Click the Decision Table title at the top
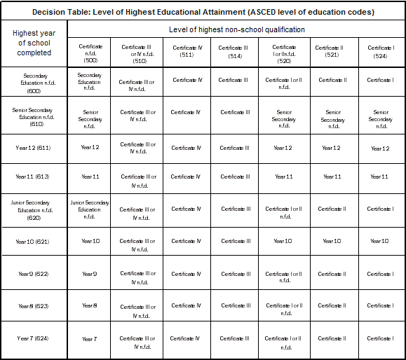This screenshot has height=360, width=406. coord(203,12)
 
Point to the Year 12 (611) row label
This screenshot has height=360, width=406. coord(34,148)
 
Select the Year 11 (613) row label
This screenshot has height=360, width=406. coord(34,176)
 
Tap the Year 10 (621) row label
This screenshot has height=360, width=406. coord(34,242)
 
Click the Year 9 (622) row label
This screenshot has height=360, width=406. coord(34,274)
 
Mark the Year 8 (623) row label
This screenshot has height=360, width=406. coord(34,306)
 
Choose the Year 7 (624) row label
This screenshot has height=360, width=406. coord(34,339)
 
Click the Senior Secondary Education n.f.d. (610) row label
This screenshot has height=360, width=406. coord(34,116)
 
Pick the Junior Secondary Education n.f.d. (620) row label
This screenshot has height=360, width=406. coord(34,209)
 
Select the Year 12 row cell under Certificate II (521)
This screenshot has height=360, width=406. coord(332,148)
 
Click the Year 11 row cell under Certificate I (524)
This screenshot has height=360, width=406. coord(380,176)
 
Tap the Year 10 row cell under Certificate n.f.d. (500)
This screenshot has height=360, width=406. coord(90,242)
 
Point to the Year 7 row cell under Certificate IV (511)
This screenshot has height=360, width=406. coord(187,339)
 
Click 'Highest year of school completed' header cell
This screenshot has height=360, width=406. coord(34,43)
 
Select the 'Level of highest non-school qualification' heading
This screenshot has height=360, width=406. coord(236,29)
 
